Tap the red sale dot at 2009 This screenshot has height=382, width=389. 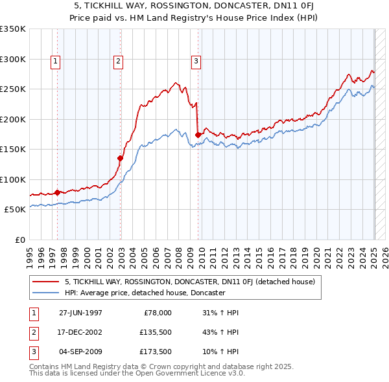coord(198,135)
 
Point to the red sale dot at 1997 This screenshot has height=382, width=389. coord(58,192)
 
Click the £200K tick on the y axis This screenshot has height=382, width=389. coord(13,119)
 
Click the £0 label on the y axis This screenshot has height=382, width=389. coord(19,240)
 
